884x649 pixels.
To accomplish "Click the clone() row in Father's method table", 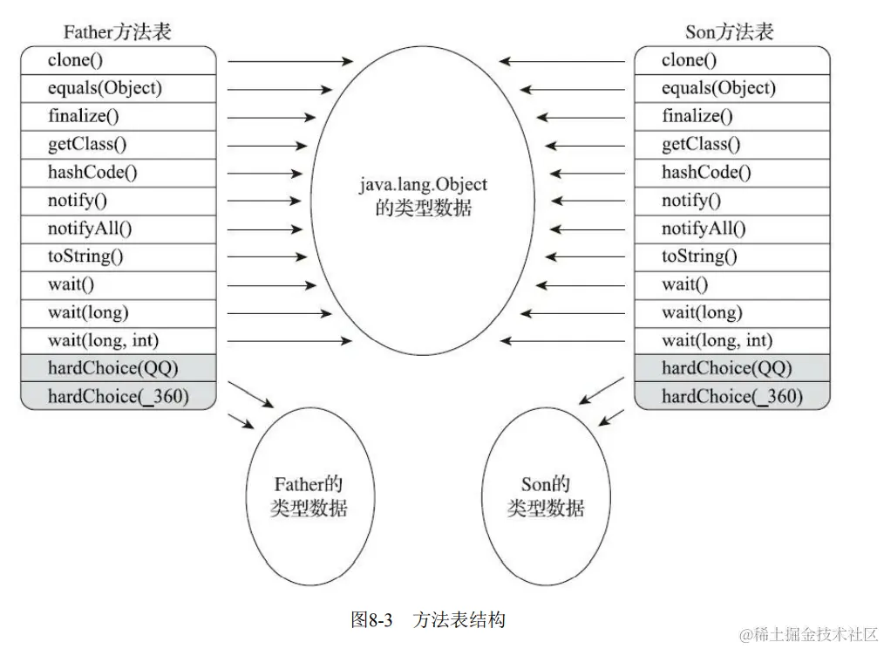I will (x=118, y=61).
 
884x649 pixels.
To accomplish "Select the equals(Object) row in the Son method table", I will (x=731, y=89).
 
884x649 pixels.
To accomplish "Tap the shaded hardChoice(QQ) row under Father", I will (x=118, y=368).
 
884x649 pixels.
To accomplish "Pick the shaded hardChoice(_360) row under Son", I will (x=731, y=397).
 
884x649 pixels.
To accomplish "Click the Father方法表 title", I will (x=118, y=32).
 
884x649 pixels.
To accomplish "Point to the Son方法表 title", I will (x=730, y=32).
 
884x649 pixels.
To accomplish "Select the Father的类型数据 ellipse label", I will (x=309, y=495).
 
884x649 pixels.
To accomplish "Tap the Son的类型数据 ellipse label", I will (x=546, y=495).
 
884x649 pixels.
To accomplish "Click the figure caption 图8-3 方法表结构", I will (x=427, y=620).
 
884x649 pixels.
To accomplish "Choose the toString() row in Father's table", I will (x=118, y=256).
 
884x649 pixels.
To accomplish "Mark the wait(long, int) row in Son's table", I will (x=731, y=340).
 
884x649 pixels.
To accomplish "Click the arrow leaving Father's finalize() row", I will (x=272, y=117).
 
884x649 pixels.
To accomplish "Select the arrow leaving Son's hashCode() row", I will (x=588, y=173).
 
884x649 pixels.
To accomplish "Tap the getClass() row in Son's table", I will (x=731, y=145).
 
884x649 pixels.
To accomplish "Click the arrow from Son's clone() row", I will (x=562, y=61).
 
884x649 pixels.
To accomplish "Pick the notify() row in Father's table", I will (x=118, y=201).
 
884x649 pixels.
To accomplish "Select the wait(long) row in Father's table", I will (x=118, y=312).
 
